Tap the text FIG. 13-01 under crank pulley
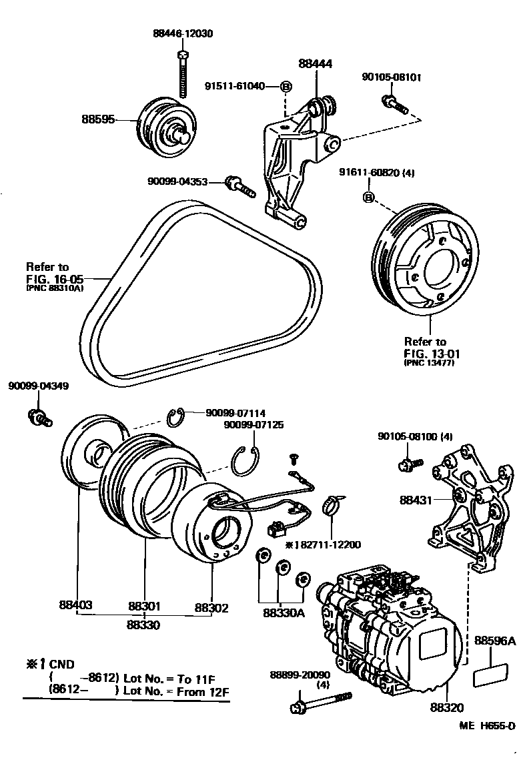(432, 353)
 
